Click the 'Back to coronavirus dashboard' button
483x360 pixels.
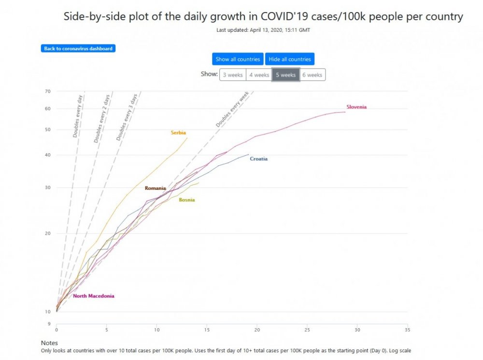(78, 48)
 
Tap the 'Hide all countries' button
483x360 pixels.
(290, 59)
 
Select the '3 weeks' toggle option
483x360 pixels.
(233, 75)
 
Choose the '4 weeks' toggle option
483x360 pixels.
(259, 75)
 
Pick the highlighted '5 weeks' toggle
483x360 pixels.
(286, 75)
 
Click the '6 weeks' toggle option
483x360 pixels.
(312, 75)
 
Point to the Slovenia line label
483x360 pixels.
(357, 107)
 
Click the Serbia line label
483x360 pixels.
(178, 132)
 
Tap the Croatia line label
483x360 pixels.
(258, 158)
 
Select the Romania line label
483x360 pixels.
(156, 188)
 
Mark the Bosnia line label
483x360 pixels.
(187, 200)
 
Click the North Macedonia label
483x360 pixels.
(94, 296)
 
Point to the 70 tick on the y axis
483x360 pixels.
(47, 91)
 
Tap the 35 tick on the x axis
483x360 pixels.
(408, 330)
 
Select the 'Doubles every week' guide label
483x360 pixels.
(232, 110)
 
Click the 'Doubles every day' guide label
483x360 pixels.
(78, 115)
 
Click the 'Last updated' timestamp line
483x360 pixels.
(263, 30)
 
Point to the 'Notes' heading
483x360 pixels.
(49, 343)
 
